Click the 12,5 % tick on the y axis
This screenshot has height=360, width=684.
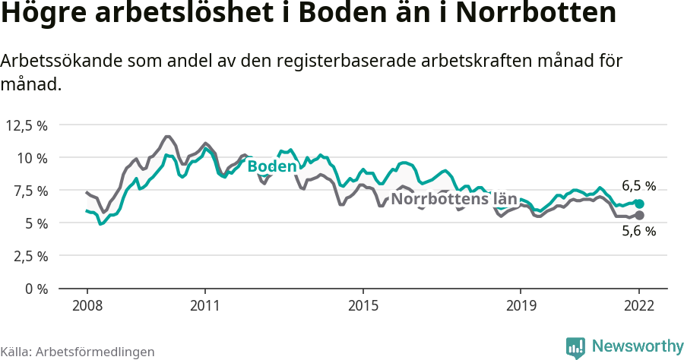point(27,125)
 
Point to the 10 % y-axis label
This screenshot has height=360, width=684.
point(32,158)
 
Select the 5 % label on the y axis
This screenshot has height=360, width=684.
point(36,223)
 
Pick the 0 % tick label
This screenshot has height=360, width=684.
point(36,289)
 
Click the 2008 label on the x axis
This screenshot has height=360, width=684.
point(87,306)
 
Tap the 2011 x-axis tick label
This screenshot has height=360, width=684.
point(205,306)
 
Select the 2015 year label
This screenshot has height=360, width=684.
point(363,306)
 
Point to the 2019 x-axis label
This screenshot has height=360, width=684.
point(521,306)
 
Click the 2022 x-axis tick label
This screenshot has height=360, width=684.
point(639,306)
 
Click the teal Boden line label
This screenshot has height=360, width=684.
point(271,166)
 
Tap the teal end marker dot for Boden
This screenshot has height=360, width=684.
point(640,204)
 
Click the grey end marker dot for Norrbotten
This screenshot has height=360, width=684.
point(640,215)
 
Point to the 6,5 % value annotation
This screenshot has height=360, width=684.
point(638,185)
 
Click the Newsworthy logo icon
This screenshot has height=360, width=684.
point(575,347)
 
